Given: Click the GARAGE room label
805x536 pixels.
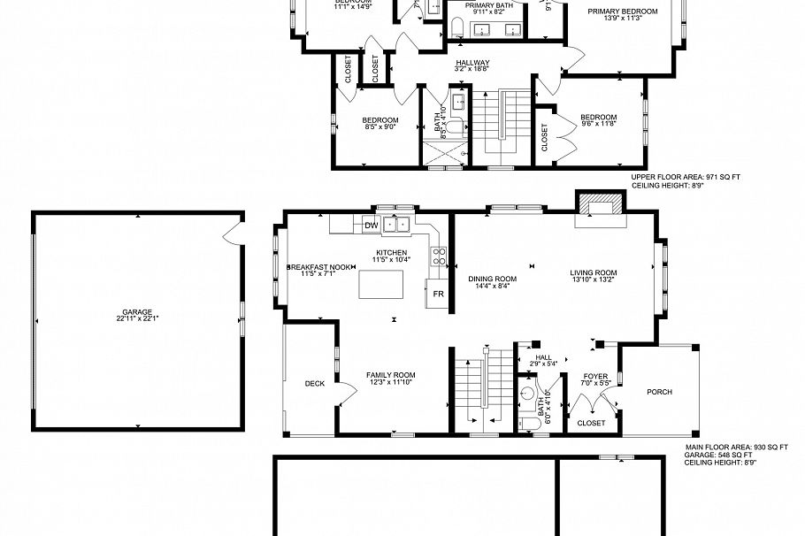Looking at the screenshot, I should [x=137, y=312].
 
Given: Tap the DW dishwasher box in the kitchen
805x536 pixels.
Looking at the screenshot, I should [x=372, y=226].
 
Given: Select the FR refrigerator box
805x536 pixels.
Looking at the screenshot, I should [x=437, y=294].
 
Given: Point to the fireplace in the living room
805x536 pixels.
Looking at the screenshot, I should [x=599, y=210].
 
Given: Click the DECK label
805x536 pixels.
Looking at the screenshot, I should [x=314, y=383].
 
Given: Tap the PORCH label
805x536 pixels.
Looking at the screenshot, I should [x=659, y=392].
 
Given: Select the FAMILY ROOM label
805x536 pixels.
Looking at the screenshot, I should [x=391, y=375].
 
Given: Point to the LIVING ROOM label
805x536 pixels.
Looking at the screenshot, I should [x=593, y=272].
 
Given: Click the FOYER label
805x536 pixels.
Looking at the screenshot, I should [x=595, y=376].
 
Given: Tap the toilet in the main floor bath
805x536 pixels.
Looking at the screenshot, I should [x=529, y=424].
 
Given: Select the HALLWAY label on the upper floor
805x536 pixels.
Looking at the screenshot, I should [x=472, y=62].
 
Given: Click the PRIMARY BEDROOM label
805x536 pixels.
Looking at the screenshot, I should [x=623, y=11].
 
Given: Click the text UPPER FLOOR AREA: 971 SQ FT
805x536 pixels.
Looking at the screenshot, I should [x=686, y=177].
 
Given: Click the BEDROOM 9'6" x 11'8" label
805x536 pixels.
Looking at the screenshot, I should [x=598, y=118].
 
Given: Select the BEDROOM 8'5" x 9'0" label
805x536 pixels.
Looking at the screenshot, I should [x=380, y=120].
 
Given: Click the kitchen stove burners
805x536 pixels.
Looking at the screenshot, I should [x=437, y=256].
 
